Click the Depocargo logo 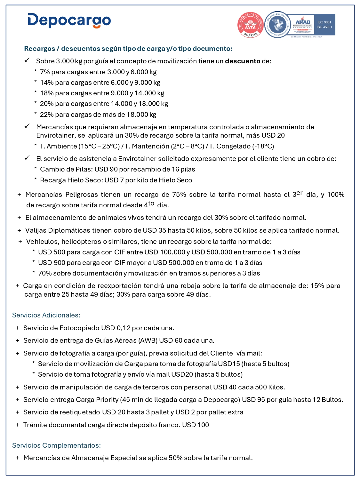(69, 20)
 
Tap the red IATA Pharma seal (250, 25)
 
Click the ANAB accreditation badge (303, 25)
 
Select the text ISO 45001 (324, 27)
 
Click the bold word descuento (243, 61)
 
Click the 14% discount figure (47, 83)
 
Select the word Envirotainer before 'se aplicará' (56, 135)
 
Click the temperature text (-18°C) (263, 146)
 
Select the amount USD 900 (49, 263)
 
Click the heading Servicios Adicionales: (46, 315)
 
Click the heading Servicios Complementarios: (56, 445)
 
